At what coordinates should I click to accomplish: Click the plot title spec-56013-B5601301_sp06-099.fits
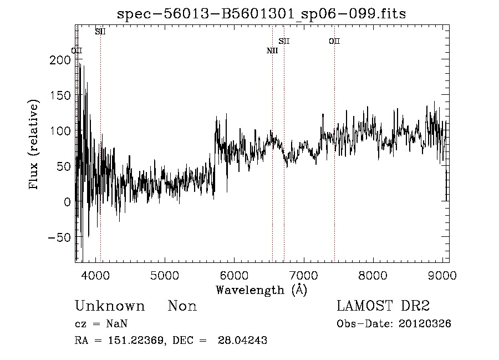click(261, 14)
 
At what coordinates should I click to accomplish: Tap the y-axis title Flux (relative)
click(34, 145)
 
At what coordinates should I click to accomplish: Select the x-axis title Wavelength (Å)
click(261, 290)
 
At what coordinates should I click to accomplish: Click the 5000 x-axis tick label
click(165, 275)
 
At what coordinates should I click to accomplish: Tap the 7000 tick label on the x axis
click(304, 275)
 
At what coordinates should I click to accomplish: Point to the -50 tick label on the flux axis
click(59, 237)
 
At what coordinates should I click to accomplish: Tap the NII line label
click(272, 51)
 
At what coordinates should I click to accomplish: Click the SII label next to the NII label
click(284, 41)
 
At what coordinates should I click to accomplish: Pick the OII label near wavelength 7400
click(334, 41)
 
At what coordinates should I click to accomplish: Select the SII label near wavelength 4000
click(100, 32)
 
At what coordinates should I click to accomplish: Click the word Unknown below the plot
click(110, 306)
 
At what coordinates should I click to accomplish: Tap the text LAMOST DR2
click(383, 306)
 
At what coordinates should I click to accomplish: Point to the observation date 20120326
click(425, 324)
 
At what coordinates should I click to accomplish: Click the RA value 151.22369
click(134, 341)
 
